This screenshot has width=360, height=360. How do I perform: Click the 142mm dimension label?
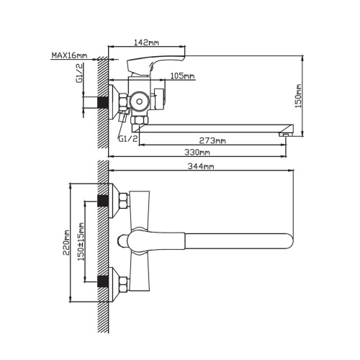tap(146, 42)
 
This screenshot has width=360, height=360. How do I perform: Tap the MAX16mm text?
tap(69, 55)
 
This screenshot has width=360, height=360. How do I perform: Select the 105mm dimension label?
tap(183, 76)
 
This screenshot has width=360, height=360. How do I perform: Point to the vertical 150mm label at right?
tap(298, 96)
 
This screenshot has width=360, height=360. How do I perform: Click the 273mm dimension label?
tap(212, 140)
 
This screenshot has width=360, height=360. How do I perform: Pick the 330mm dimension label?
tap(197, 152)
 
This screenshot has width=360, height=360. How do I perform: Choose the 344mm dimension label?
tap(201, 166)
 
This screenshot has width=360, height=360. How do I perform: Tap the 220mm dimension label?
tap(66, 243)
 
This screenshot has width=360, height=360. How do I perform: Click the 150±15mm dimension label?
tap(81, 242)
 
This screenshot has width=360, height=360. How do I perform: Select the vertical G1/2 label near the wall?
tap(79, 73)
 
